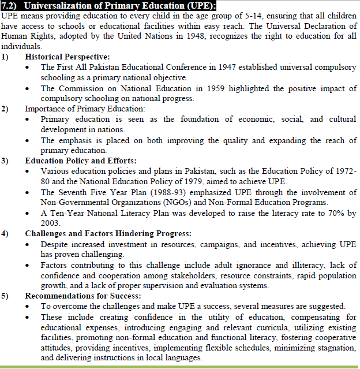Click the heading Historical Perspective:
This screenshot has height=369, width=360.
[67, 57]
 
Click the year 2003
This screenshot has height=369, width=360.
[50, 223]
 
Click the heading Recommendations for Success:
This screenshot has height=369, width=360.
[79, 296]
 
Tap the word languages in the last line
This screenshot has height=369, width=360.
[184, 359]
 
